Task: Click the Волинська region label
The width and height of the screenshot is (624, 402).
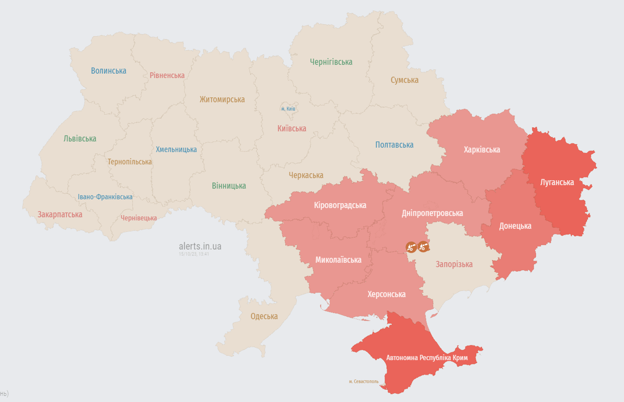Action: [x=109, y=71]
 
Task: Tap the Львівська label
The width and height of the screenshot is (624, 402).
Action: [x=80, y=139]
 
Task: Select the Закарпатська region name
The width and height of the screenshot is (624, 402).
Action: [x=60, y=215]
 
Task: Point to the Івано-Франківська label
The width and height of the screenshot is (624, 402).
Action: [x=105, y=197]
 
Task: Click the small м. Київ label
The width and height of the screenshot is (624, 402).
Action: [x=288, y=109]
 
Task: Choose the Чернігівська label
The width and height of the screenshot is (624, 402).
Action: [x=331, y=62]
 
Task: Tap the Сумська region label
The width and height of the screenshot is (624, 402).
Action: [x=405, y=80]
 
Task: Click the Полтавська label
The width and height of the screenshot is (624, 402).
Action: [x=394, y=145]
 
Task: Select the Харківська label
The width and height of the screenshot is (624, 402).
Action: [x=482, y=150]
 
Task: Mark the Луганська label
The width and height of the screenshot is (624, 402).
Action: [x=557, y=183]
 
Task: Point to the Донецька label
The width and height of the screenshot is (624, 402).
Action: [x=515, y=226]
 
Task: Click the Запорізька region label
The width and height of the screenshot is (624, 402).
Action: [x=454, y=264]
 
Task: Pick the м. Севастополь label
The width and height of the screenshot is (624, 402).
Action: [x=364, y=382]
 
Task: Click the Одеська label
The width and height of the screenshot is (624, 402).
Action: [x=264, y=316]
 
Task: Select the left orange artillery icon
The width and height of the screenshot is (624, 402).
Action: [x=411, y=247]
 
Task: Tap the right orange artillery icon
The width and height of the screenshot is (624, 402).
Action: [x=423, y=246]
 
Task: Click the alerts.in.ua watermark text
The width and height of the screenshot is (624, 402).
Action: [x=200, y=246]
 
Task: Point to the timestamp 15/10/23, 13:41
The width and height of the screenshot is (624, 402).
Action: [x=194, y=254]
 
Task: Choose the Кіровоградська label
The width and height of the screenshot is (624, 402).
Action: [x=340, y=205]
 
